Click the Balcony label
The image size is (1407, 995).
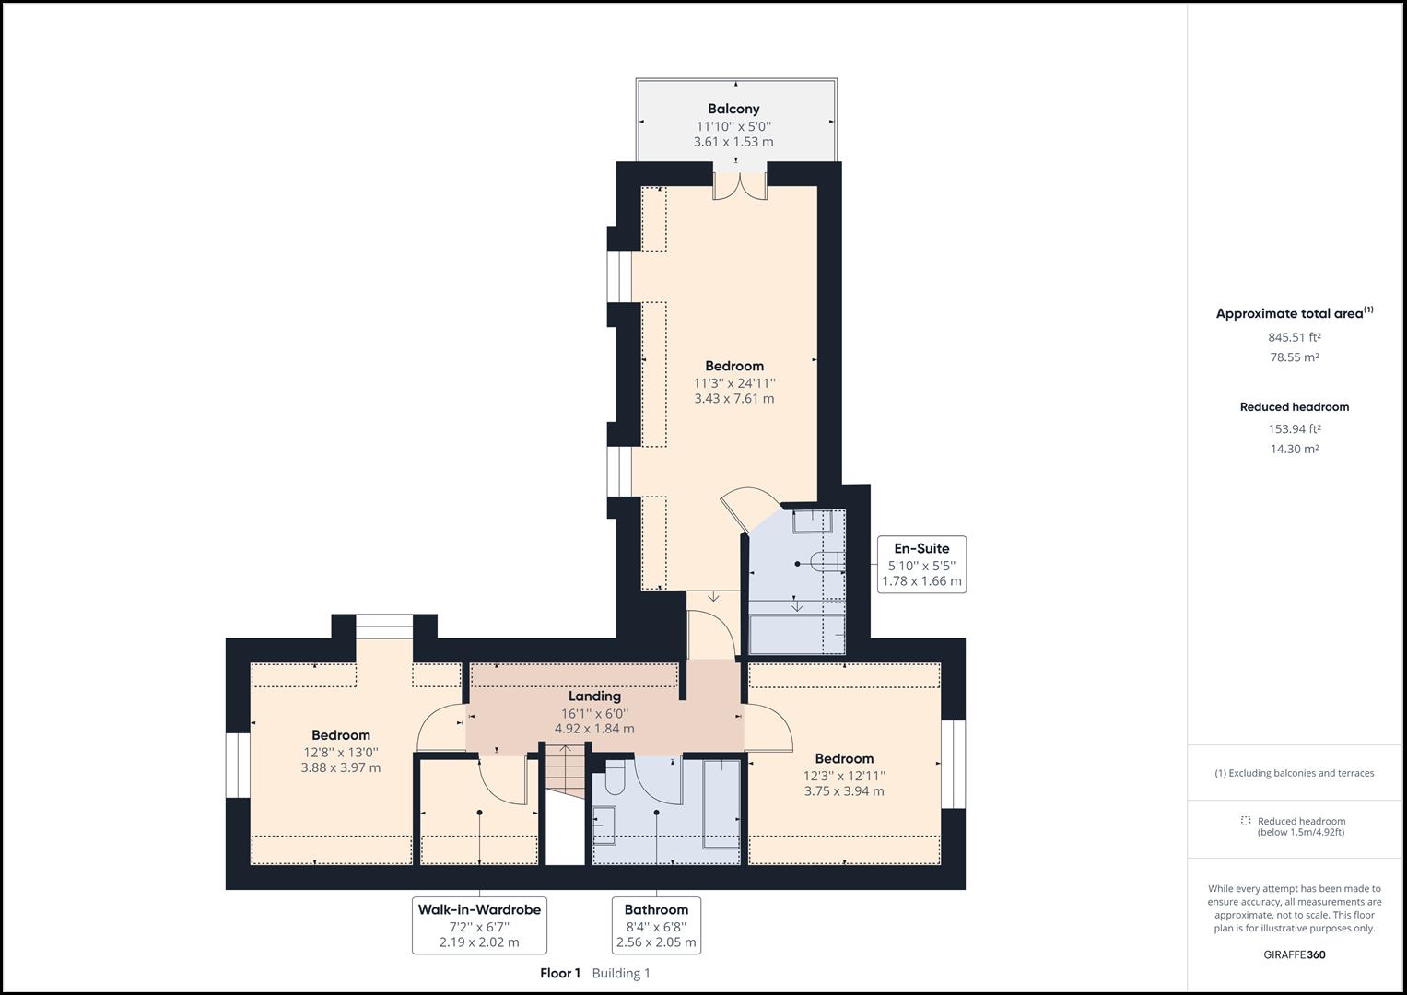(x=733, y=109)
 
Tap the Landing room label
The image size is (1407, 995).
(x=594, y=696)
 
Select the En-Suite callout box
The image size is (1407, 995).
(x=921, y=564)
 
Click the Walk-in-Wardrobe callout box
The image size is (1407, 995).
(x=479, y=925)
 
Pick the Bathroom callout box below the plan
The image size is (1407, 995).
(x=656, y=925)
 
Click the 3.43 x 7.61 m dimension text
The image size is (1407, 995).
(x=733, y=399)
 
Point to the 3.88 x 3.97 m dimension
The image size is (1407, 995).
(x=340, y=767)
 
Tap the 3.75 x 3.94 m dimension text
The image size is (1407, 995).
(x=843, y=791)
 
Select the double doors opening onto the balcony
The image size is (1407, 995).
(x=739, y=186)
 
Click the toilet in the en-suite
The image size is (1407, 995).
(x=823, y=562)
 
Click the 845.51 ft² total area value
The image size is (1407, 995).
(x=1294, y=337)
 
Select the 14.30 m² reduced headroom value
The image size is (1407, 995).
(x=1294, y=450)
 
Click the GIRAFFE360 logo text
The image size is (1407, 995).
(x=1294, y=954)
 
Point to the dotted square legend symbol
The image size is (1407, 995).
(x=1246, y=821)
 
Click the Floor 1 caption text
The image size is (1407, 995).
(x=560, y=973)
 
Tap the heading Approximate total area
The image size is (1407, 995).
(x=1289, y=314)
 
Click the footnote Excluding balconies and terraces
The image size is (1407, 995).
(x=1294, y=773)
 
